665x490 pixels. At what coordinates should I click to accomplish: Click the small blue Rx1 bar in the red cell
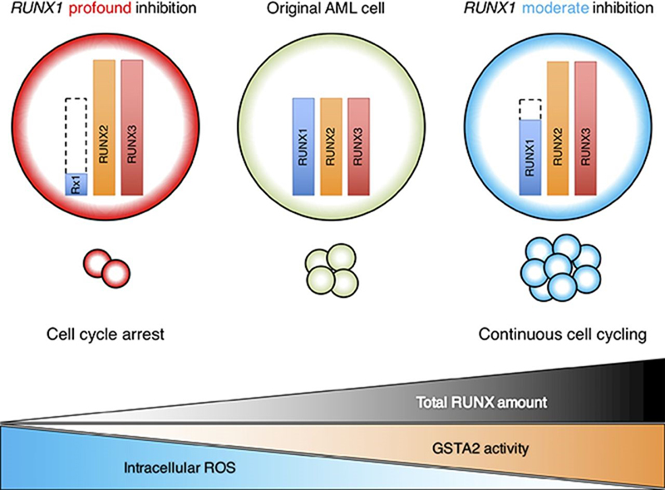(77, 185)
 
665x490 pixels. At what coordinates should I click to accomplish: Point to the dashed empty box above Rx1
(77, 136)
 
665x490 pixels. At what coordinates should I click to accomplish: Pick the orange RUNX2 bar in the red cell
(106, 127)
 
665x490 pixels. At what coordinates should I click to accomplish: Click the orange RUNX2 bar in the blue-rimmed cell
(558, 127)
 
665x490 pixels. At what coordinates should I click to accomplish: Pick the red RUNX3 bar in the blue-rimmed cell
(585, 127)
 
